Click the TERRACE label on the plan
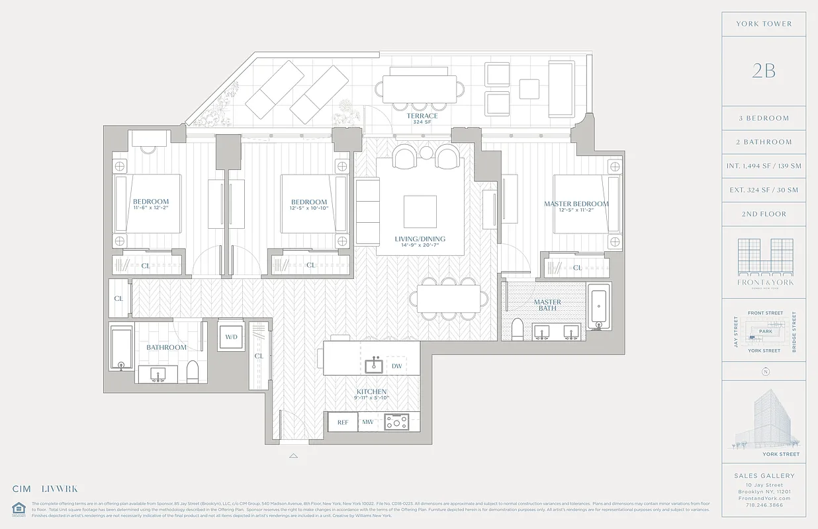pyautogui.click(x=422, y=116)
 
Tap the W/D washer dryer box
pyautogui.click(x=232, y=337)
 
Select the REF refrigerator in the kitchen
pyautogui.click(x=343, y=422)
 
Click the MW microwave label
pyautogui.click(x=368, y=422)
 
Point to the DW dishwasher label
pyautogui.click(x=396, y=366)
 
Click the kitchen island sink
pyautogui.click(x=375, y=365)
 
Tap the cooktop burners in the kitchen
pyautogui.click(x=397, y=421)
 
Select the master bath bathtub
pyautogui.click(x=599, y=306)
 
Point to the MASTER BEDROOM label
pyautogui.click(x=576, y=204)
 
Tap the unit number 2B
pyautogui.click(x=763, y=71)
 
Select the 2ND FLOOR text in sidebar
pyautogui.click(x=763, y=214)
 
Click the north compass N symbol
pyautogui.click(x=766, y=371)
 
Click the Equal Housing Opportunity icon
pyautogui.click(x=17, y=508)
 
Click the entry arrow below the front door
pyautogui.click(x=293, y=456)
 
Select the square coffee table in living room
pyautogui.click(x=420, y=212)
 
